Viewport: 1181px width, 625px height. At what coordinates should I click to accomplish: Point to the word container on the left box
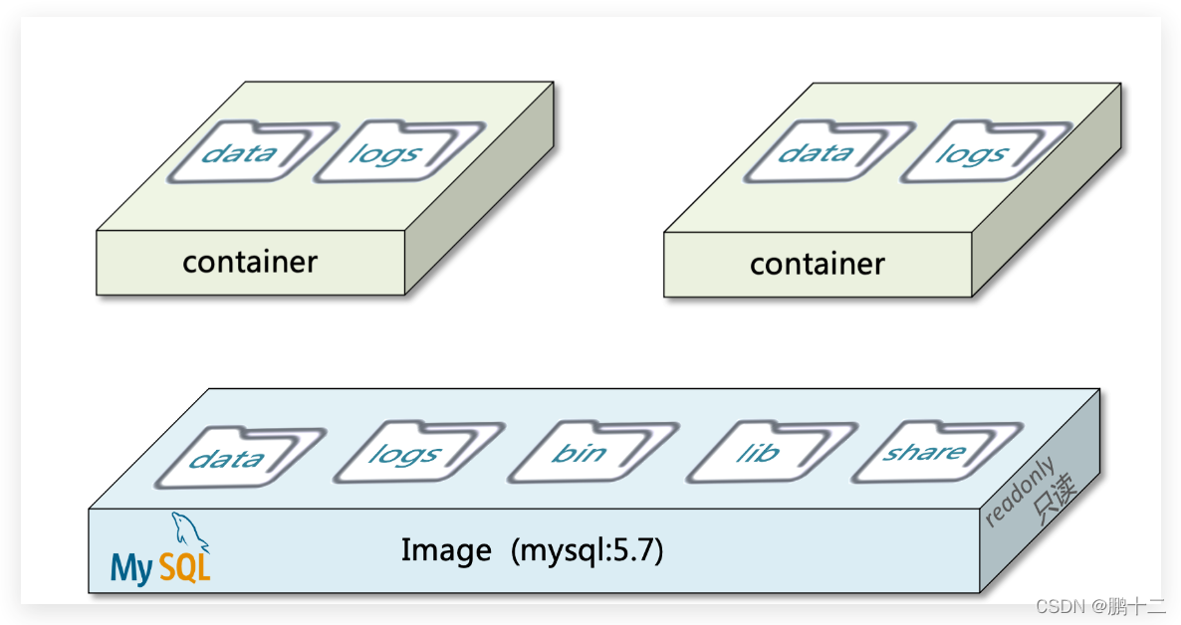[250, 262]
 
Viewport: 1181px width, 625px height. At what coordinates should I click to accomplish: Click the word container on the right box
[817, 264]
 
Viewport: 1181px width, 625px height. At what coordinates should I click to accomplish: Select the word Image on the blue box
[446, 550]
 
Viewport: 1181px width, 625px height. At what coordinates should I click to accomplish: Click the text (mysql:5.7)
[587, 550]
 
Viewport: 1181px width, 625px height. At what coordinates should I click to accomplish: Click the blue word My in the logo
[131, 567]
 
